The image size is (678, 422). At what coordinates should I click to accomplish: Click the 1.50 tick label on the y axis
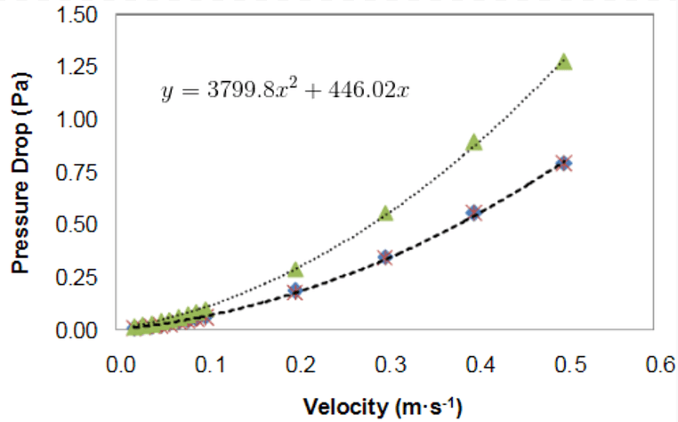pyautogui.click(x=81, y=15)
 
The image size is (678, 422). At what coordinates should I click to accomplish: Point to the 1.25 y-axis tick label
pyautogui.click(x=81, y=68)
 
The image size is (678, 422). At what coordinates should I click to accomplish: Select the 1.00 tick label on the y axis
pyautogui.click(x=81, y=120)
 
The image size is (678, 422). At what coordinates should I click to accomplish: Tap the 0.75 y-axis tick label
pyautogui.click(x=81, y=173)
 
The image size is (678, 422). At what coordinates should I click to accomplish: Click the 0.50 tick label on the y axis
pyautogui.click(x=81, y=225)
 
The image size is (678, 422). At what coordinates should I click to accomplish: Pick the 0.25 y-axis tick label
pyautogui.click(x=81, y=278)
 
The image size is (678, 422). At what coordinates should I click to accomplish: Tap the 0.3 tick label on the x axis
pyautogui.click(x=389, y=366)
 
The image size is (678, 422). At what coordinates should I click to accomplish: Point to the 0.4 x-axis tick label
pyautogui.click(x=480, y=366)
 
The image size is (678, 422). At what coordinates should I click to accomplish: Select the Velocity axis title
pyautogui.click(x=383, y=407)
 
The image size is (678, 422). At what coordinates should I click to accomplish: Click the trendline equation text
pyautogui.click(x=285, y=91)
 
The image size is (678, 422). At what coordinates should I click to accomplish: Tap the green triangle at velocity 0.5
pyautogui.click(x=563, y=62)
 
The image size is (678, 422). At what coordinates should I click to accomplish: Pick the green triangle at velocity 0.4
pyautogui.click(x=473, y=142)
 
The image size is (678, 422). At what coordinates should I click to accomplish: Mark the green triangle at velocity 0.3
pyautogui.click(x=384, y=214)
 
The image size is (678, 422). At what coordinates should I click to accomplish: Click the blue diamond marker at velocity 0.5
pyautogui.click(x=563, y=163)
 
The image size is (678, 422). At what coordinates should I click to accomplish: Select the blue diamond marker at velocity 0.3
pyautogui.click(x=384, y=257)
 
